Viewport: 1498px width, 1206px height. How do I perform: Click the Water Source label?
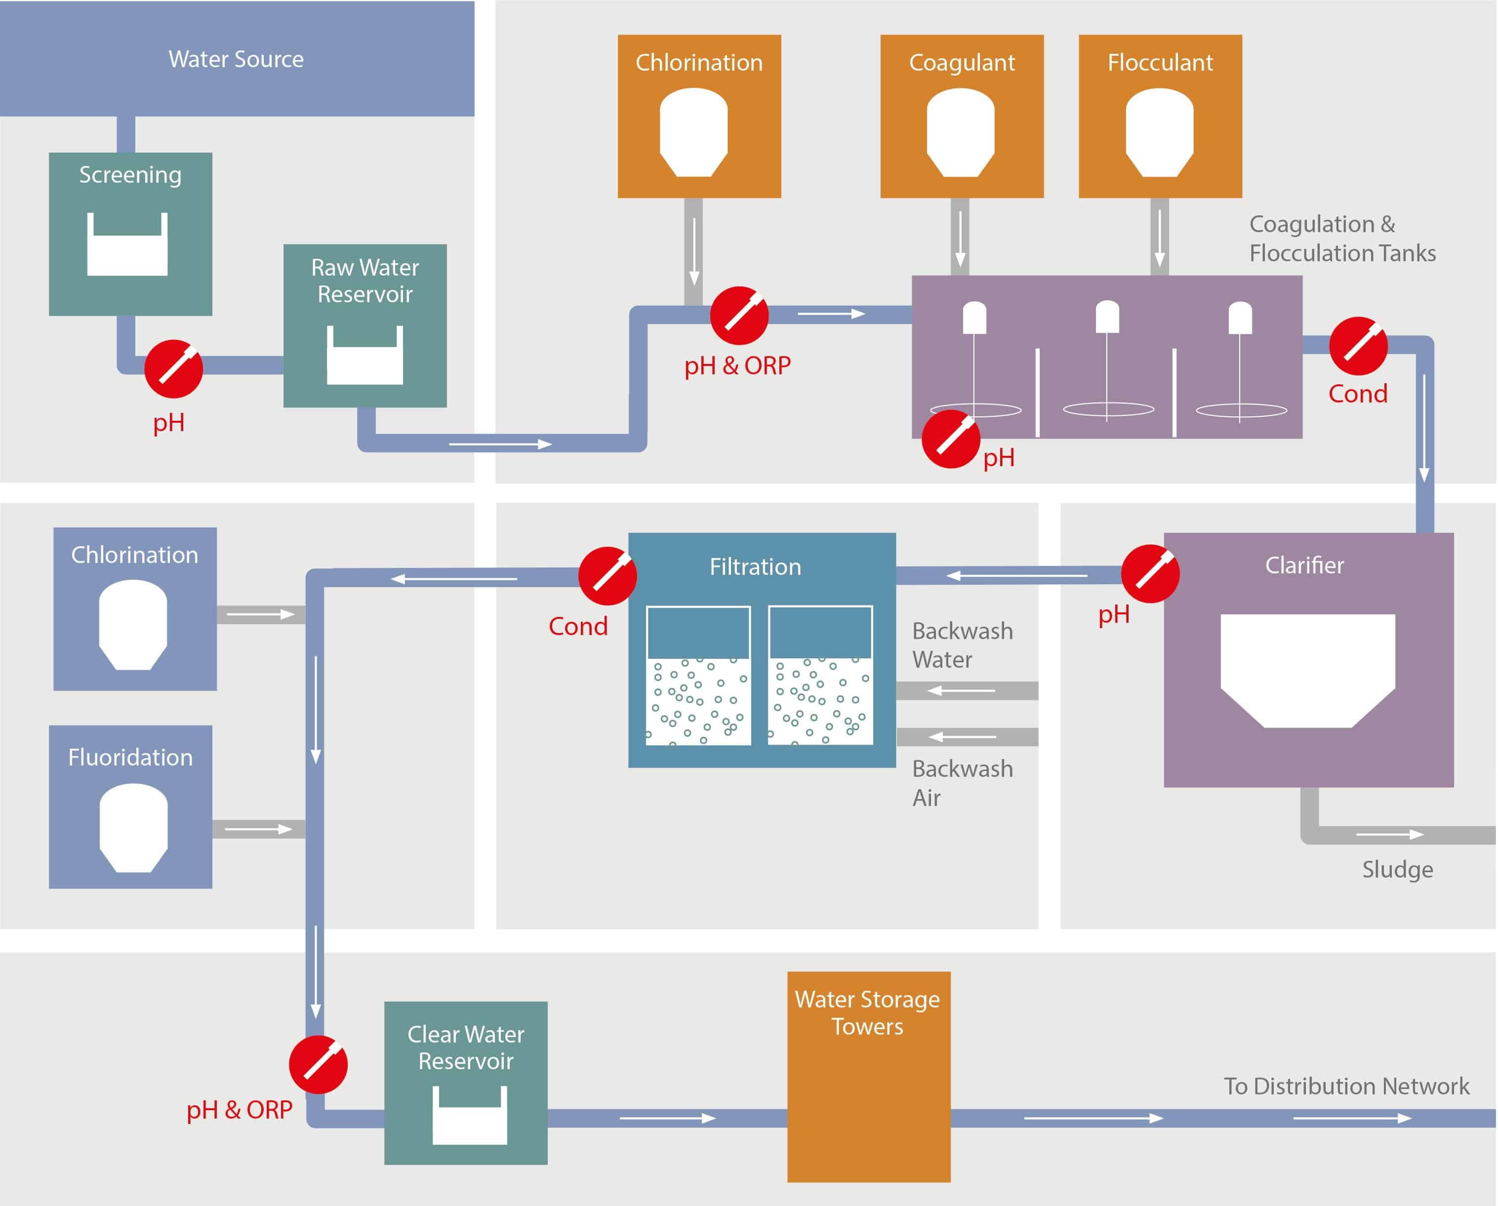click(236, 59)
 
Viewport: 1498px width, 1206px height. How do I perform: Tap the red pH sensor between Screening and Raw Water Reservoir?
click(174, 368)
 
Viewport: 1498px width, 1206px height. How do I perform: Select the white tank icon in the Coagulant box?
click(961, 132)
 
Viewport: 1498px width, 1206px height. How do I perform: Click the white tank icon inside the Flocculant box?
click(1160, 132)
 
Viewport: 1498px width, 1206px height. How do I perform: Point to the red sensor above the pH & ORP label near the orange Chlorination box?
click(739, 316)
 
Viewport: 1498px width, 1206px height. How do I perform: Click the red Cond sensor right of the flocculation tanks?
click(1358, 346)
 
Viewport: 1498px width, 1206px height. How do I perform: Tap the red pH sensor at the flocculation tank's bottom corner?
click(951, 439)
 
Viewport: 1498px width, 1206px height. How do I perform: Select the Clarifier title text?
click(1304, 565)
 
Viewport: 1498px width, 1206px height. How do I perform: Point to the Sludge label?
click(1397, 869)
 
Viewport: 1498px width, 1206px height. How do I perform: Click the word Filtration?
click(755, 567)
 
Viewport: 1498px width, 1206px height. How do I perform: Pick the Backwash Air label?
click(962, 783)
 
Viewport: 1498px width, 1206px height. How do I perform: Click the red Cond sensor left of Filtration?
click(608, 576)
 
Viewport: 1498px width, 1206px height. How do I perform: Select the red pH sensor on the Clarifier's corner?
click(1151, 574)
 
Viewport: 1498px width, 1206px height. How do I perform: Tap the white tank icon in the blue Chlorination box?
click(133, 625)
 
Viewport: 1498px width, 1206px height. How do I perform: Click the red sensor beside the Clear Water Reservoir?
click(318, 1064)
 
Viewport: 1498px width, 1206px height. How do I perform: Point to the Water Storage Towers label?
click(868, 1013)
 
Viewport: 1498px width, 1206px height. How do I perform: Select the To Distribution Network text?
click(1346, 1086)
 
